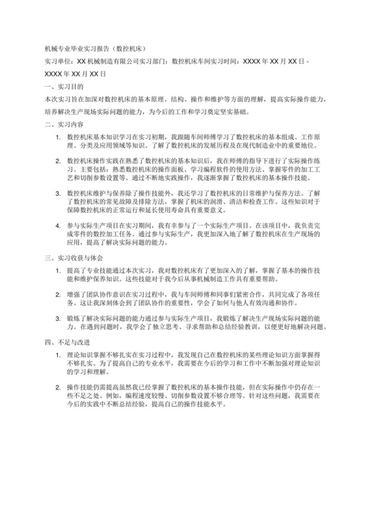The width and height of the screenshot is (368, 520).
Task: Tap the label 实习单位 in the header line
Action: coord(55,60)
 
